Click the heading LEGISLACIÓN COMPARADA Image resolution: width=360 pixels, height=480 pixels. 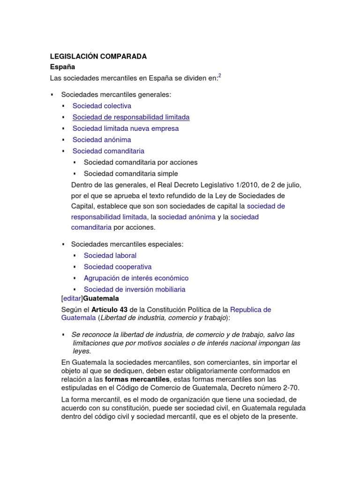[x=98, y=56]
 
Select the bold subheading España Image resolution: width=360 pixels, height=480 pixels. [x=62, y=67]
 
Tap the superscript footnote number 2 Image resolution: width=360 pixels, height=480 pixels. [x=220, y=76]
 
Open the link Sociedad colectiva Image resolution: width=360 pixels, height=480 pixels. [x=102, y=106]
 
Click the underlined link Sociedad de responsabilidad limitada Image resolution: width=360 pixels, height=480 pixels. [x=131, y=117]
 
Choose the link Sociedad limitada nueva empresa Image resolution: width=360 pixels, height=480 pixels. [x=125, y=128]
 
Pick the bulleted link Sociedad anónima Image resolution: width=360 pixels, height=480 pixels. [x=102, y=140]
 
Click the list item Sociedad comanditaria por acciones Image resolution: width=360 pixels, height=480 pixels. [x=141, y=162]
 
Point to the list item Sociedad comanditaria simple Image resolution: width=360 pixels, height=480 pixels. [x=131, y=173]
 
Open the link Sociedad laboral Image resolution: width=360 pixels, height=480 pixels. [x=110, y=255]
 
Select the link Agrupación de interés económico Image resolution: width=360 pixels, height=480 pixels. [x=136, y=278]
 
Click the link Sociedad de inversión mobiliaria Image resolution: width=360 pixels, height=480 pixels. [x=135, y=289]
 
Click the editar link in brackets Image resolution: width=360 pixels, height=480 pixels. [x=72, y=298]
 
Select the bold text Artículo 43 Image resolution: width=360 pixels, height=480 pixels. [x=109, y=310]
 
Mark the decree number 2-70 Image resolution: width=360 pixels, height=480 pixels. [x=290, y=388]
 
